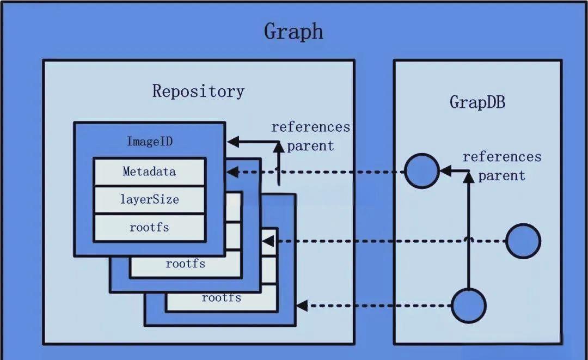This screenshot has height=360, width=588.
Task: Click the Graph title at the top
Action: (293, 31)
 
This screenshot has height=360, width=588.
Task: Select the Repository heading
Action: (198, 91)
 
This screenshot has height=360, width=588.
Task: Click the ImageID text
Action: (149, 142)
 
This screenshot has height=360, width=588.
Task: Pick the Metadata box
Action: (149, 172)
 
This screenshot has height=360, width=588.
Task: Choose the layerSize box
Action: (149, 199)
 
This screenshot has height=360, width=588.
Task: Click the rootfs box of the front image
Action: (149, 228)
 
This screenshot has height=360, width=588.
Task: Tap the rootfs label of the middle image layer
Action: (185, 264)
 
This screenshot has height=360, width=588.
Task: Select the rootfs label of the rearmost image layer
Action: (221, 298)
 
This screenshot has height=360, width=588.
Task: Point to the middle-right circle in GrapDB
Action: (523, 241)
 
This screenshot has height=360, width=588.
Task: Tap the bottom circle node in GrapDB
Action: (468, 306)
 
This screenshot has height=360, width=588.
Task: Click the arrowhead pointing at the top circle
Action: (445, 171)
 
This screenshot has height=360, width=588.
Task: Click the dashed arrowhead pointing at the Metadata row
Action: (231, 172)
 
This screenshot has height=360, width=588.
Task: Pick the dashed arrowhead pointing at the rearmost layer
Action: (302, 306)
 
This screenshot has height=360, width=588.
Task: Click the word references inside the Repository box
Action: (310, 127)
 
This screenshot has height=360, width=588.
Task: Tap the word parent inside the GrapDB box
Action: (501, 176)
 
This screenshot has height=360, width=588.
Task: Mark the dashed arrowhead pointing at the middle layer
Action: (267, 241)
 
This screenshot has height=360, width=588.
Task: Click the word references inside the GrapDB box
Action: (501, 157)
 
